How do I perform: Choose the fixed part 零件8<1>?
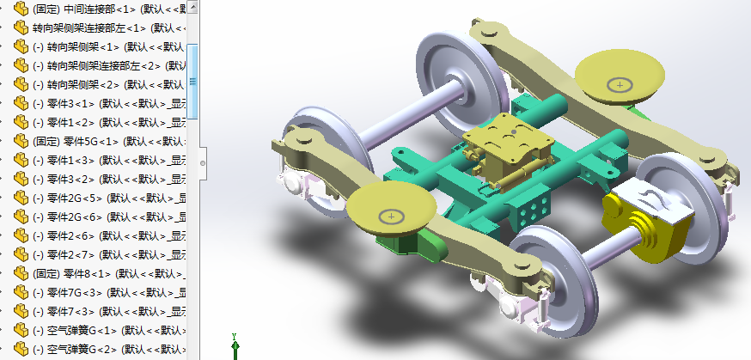[x=87, y=273]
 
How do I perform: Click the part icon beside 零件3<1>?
[x=21, y=103]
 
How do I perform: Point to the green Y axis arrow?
[x=235, y=347]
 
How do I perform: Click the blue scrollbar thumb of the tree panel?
[x=193, y=81]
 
